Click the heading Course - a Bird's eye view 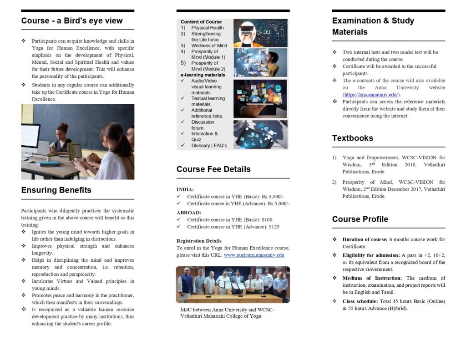(72, 21)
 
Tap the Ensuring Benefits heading (56, 190)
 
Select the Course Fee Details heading (213, 169)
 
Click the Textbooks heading (352, 138)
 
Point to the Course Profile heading (360, 219)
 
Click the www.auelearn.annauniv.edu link (254, 255)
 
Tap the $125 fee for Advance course (274, 227)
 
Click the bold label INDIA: (185, 189)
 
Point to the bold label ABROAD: (189, 213)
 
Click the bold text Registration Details (199, 241)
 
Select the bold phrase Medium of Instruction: (372, 278)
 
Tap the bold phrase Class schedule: (361, 301)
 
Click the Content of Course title (201, 22)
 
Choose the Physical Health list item (207, 28)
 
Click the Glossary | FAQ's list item (209, 146)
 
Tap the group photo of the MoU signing (233, 284)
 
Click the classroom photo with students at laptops (77, 142)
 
